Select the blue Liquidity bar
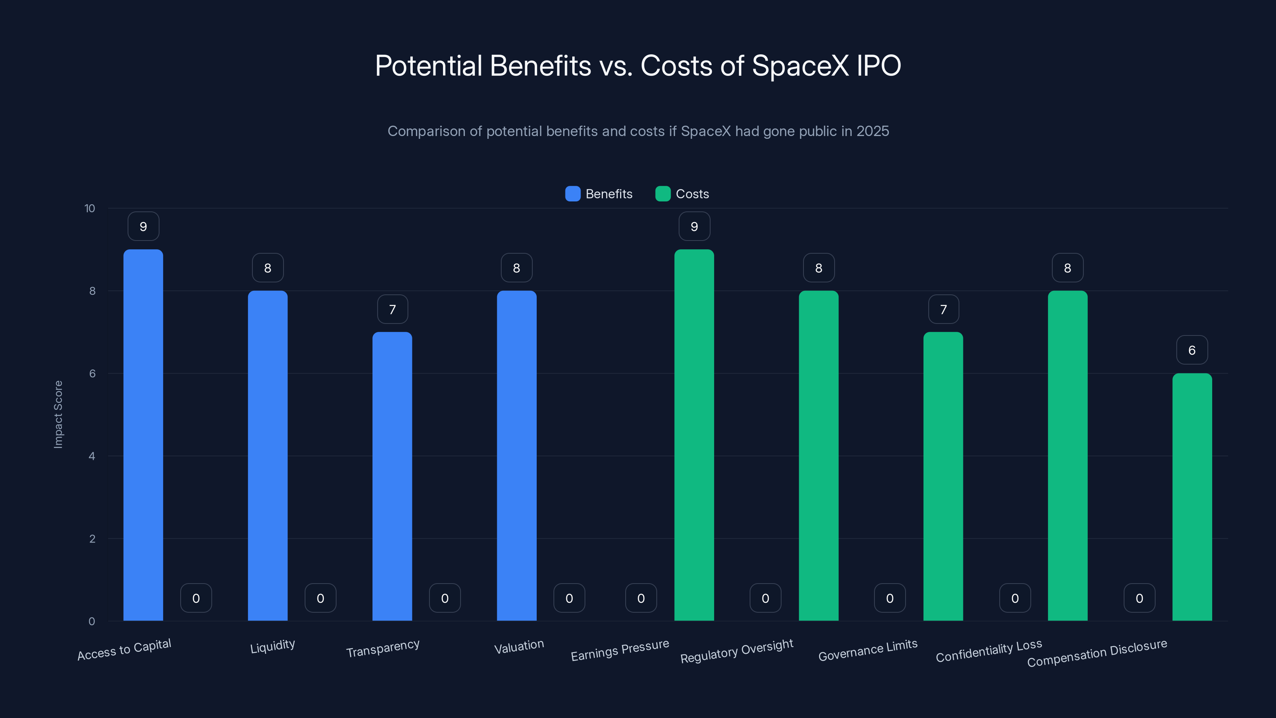point(268,456)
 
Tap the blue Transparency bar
point(392,476)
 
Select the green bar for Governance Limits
point(943,476)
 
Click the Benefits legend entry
point(599,194)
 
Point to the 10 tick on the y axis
point(90,208)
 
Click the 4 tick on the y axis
point(92,456)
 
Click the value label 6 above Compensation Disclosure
point(1192,350)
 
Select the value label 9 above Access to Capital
point(143,227)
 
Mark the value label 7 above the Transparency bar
point(392,309)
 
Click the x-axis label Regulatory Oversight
point(736,651)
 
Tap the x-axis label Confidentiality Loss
point(989,651)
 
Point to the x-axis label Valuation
point(519,646)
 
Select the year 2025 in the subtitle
point(873,131)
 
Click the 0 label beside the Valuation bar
point(569,598)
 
